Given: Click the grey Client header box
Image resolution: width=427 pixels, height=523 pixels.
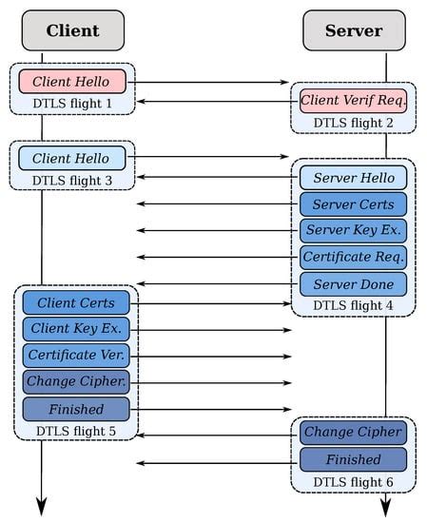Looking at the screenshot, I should [72, 30].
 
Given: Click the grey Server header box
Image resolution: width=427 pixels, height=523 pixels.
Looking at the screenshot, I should [354, 30].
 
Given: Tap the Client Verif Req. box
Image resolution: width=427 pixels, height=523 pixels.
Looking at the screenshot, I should [354, 100].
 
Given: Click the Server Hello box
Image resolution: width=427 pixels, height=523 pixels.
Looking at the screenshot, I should [354, 177].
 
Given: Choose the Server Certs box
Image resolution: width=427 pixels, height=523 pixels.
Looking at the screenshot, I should [354, 203].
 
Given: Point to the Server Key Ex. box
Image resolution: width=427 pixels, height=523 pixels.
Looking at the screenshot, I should [354, 230].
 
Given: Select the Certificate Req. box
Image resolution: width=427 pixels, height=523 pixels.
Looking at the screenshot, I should [354, 257].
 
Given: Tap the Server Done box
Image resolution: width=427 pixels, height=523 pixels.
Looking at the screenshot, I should [354, 283].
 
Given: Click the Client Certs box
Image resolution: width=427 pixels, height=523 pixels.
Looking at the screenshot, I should [76, 302].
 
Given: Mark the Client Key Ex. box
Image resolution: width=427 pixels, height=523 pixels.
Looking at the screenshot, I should [76, 329].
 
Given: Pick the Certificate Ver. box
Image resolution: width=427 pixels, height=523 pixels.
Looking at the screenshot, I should [76, 356].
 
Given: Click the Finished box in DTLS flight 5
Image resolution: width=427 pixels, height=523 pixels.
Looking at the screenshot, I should [76, 409].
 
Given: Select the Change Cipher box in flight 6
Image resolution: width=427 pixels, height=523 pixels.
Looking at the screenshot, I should [354, 433].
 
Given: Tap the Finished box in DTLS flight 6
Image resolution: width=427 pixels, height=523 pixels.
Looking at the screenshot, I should [354, 459].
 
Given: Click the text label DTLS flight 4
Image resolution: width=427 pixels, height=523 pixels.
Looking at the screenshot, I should [354, 305].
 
